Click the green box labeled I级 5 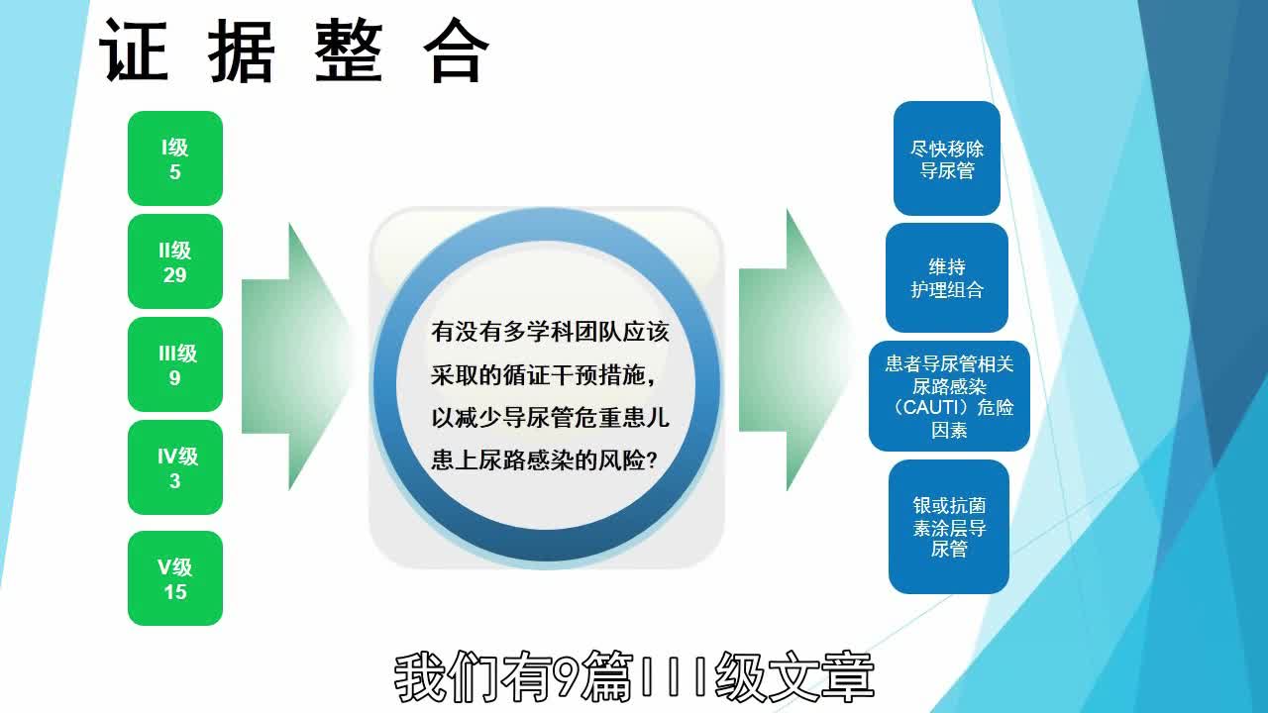click(x=175, y=158)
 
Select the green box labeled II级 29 click(x=175, y=261)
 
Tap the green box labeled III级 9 click(x=175, y=364)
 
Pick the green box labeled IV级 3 click(x=175, y=467)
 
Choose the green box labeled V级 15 click(x=175, y=578)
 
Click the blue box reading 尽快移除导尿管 click(x=947, y=158)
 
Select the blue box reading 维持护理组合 click(x=947, y=277)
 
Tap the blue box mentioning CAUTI click(x=949, y=396)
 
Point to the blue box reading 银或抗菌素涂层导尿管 click(x=949, y=527)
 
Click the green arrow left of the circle click(x=297, y=356)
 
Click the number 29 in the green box click(x=175, y=274)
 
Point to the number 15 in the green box click(x=175, y=591)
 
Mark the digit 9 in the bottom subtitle click(x=566, y=677)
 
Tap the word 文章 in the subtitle click(x=818, y=677)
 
